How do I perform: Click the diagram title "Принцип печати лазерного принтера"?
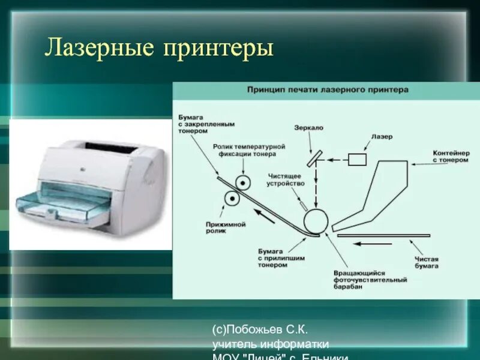[328, 89]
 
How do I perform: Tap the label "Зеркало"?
[309, 128]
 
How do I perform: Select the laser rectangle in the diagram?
[357, 159]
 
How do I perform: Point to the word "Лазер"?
[382, 137]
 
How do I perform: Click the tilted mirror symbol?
[313, 158]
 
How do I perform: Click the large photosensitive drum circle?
[316, 222]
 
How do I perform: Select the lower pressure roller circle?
[231, 198]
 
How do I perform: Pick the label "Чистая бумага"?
[427, 262]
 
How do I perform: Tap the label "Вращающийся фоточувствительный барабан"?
[370, 280]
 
